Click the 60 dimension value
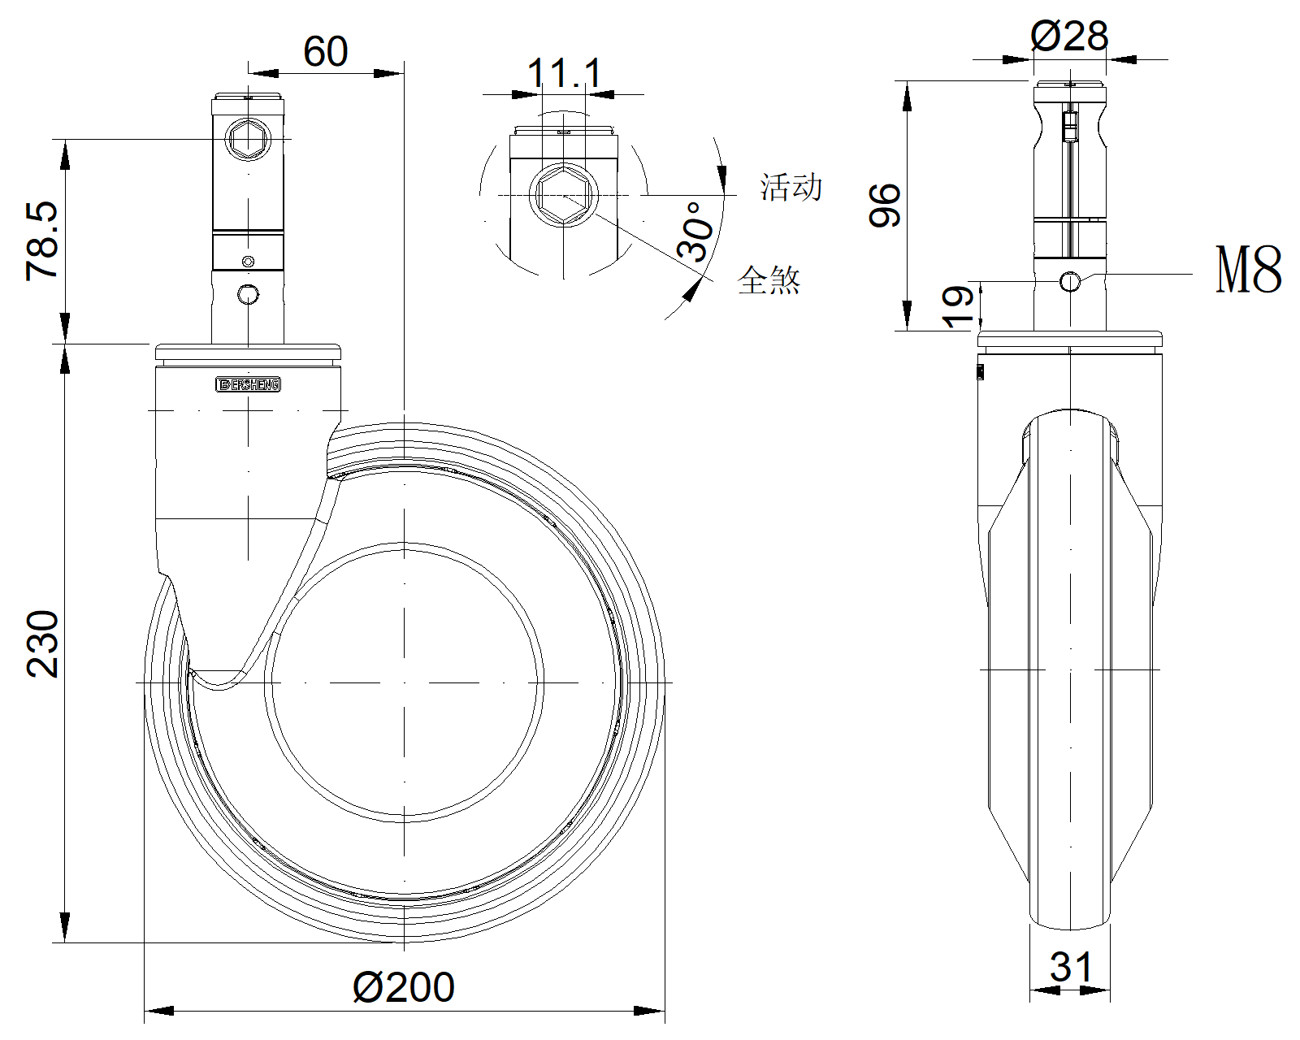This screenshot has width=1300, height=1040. click(x=326, y=51)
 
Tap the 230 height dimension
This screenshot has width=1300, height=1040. click(x=42, y=643)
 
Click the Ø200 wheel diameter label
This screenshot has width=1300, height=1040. click(x=404, y=987)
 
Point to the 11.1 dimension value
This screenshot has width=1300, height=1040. click(x=565, y=73)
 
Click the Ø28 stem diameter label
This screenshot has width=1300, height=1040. click(x=1069, y=36)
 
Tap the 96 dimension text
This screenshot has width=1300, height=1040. click(x=885, y=206)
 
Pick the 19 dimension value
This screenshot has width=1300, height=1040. click(x=959, y=307)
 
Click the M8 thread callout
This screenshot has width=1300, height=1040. click(x=1248, y=270)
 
